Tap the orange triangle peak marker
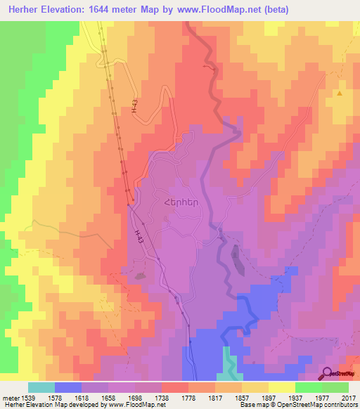click(x=340, y=93)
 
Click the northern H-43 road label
click(x=133, y=106)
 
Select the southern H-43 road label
click(x=139, y=237)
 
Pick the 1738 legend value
click(x=161, y=397)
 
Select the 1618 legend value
click(x=82, y=397)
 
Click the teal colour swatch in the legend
click(x=41, y=387)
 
